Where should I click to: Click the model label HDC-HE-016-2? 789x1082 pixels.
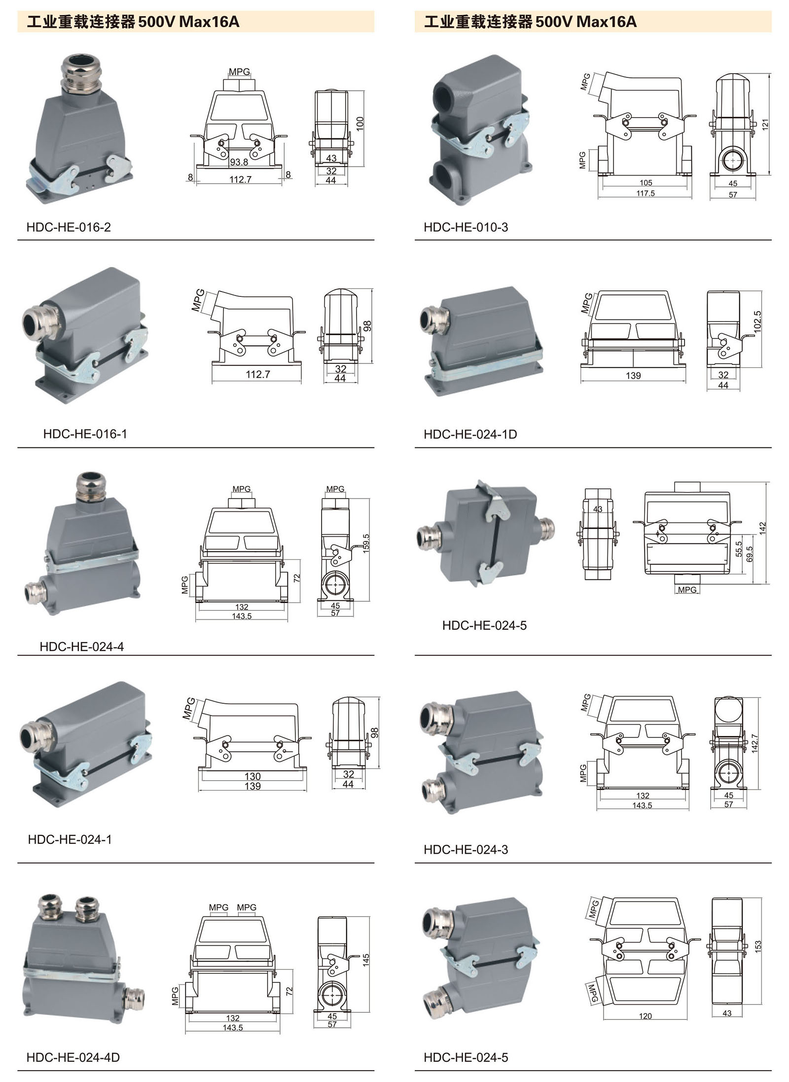coord(69,227)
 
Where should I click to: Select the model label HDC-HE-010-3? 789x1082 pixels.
coord(466,227)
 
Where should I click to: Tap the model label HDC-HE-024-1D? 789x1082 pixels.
coord(470,434)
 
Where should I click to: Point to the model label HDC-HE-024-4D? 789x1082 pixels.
coord(73,1057)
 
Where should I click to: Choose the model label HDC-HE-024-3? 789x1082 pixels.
coord(466,850)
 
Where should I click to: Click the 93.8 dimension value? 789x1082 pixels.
coord(239,162)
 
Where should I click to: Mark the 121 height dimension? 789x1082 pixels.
coord(765,124)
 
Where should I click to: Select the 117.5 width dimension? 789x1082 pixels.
coord(645,193)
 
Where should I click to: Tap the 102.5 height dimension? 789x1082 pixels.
coord(758,321)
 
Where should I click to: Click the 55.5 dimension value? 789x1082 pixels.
coord(739,549)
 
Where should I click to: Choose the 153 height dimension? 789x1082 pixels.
coord(758,945)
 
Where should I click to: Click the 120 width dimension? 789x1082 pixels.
coord(645,1016)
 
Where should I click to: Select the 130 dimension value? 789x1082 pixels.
coord(252,777)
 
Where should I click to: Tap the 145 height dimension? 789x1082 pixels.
coord(366,960)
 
